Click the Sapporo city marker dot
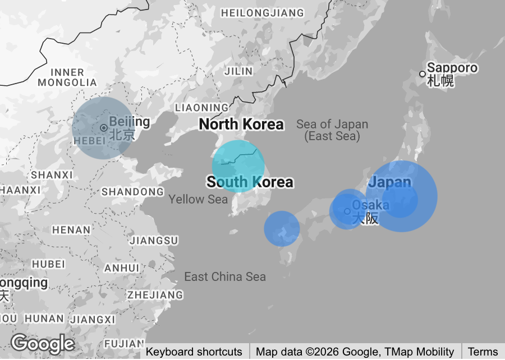[x=423, y=74]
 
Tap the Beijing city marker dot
[x=104, y=128]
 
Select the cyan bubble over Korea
[x=238, y=166]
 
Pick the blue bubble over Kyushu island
[x=282, y=228]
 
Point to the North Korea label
[x=241, y=124]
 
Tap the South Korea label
[x=250, y=182]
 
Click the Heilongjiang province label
[x=263, y=13]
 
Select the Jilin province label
[x=238, y=71]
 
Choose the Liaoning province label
[x=202, y=107]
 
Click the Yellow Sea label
[x=198, y=200]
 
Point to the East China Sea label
[x=225, y=276]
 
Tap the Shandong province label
[x=132, y=192]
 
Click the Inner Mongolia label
[x=67, y=77]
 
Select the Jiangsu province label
[x=154, y=241]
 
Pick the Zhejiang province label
[x=155, y=294]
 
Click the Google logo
[x=42, y=343]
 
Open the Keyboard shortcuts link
[x=194, y=352]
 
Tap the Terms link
[x=483, y=352]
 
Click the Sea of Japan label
[x=332, y=130]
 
